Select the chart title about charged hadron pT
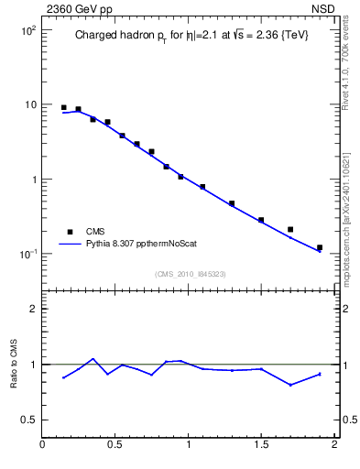tap(191, 37)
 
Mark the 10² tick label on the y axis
tap(27, 30)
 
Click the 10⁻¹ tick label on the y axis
tap(27, 254)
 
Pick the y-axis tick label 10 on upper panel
tap(29, 104)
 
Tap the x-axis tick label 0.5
tap(115, 446)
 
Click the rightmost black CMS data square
tap(320, 247)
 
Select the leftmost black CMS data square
tap(64, 107)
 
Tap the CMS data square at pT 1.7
tap(290, 229)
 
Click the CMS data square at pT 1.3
tap(232, 203)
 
